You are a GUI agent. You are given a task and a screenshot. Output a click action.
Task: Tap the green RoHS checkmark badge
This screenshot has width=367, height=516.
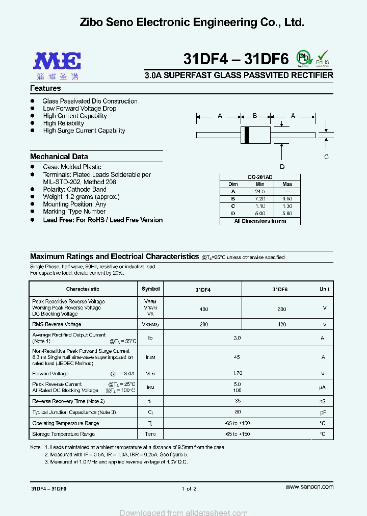[x=323, y=58]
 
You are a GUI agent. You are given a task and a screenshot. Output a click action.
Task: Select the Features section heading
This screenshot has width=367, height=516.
[x=45, y=88]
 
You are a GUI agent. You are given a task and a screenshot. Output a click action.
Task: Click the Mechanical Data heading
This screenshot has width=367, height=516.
[x=59, y=157]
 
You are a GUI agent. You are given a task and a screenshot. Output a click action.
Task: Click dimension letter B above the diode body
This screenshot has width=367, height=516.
[x=255, y=116]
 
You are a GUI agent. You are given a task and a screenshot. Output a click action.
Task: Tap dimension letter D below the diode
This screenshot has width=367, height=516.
[x=282, y=167]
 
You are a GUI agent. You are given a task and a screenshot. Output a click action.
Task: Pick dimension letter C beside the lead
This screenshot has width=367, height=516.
[x=327, y=157]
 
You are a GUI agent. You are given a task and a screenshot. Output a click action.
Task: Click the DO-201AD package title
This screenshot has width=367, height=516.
[x=260, y=177]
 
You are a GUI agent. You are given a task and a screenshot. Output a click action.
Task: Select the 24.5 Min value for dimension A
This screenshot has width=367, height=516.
[x=260, y=191]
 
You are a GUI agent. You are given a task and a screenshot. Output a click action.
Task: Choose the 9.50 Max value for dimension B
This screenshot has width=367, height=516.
[x=287, y=199]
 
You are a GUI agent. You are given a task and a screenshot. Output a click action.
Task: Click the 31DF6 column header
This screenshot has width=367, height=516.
[x=280, y=289]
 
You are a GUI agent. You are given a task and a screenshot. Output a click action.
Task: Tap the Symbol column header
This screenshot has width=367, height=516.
[x=150, y=289]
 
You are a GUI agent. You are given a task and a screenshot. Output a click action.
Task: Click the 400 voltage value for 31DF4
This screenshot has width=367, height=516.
[x=204, y=309]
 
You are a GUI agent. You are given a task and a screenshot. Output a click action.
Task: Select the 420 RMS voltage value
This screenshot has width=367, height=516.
[x=281, y=324]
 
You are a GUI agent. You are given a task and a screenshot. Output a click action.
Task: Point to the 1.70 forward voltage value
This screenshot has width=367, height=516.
[x=237, y=373]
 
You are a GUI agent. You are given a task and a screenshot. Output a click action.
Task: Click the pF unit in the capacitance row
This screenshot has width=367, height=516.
[x=323, y=412]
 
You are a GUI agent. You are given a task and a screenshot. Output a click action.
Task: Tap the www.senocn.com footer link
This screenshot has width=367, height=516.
[x=309, y=487]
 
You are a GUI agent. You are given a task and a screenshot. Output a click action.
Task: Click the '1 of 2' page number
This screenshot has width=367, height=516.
[x=189, y=488]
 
